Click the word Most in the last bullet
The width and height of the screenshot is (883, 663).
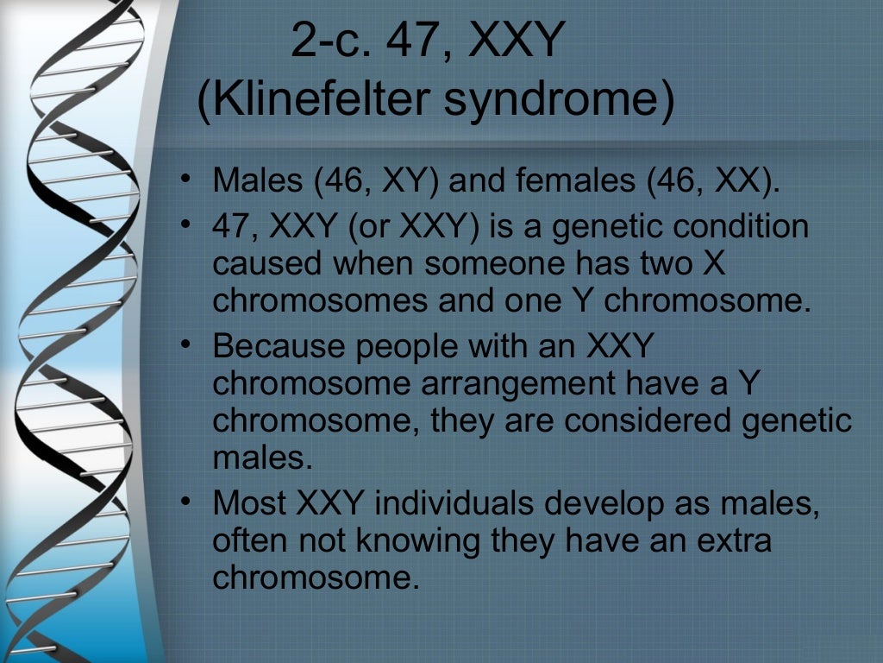point(249,503)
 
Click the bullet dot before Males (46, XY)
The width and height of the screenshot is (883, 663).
point(185,182)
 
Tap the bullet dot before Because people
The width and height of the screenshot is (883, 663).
point(185,346)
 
